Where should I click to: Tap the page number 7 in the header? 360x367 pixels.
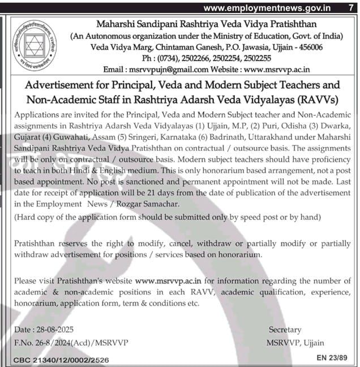click(350, 7)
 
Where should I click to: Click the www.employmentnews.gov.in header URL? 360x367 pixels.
click(267, 7)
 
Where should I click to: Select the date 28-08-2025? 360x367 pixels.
click(53, 330)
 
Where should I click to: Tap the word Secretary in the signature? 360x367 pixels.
click(285, 330)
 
